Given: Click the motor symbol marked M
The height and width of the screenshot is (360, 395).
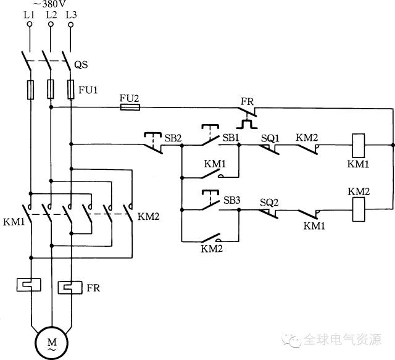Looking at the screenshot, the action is (x=52, y=343).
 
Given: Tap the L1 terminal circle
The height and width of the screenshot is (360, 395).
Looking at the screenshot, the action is (x=30, y=24).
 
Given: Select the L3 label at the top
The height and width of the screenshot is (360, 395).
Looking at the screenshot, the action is (x=72, y=15).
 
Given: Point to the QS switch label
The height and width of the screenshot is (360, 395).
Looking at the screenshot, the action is (x=81, y=65).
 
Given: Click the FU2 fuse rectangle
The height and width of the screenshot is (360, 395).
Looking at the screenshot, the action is (x=130, y=107).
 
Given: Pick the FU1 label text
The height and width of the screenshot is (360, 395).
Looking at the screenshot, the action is (x=88, y=90).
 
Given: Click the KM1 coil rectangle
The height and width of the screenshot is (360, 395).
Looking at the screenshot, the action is (x=359, y=146).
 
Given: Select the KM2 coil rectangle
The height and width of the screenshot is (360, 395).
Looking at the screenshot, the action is (x=359, y=209).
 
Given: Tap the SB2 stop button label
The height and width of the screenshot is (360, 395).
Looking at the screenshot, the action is (x=173, y=138).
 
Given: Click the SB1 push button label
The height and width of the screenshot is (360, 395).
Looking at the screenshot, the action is (x=231, y=138).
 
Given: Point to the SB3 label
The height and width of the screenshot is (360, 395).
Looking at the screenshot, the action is (x=232, y=201).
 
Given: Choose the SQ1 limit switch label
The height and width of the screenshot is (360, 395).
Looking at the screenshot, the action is (x=270, y=138).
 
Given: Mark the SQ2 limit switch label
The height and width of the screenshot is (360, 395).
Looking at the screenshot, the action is (x=269, y=203).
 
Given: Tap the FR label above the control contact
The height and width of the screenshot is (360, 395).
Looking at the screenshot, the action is (x=247, y=102).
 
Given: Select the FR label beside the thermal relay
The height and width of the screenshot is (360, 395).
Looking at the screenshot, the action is (x=93, y=288).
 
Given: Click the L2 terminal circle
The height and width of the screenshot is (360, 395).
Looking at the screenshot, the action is (x=51, y=24).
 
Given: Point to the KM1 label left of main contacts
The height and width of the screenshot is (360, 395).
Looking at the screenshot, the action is (x=14, y=222).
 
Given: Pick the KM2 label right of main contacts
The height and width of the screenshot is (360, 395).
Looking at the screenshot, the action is (x=149, y=217).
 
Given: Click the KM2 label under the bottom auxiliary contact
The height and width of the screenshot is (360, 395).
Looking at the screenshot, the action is (x=212, y=249).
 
